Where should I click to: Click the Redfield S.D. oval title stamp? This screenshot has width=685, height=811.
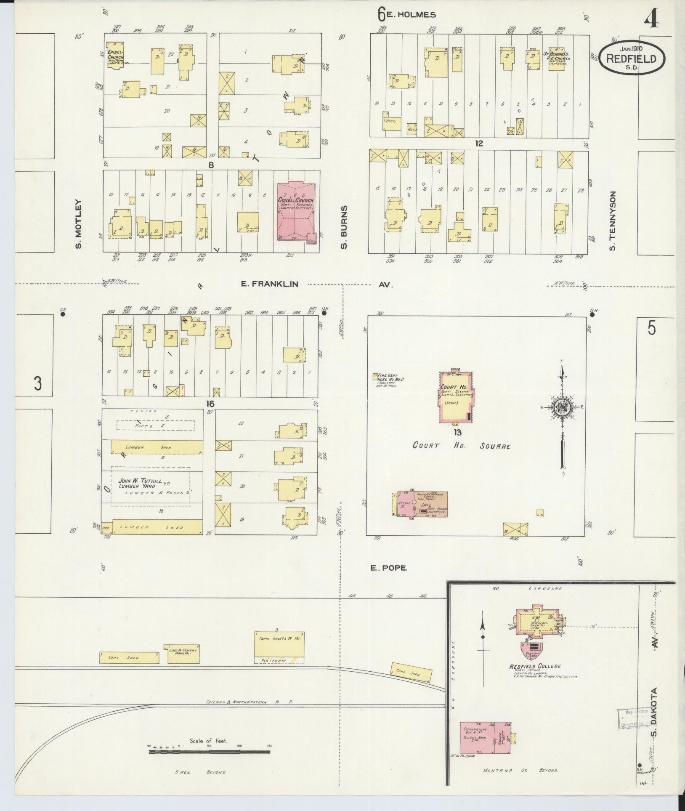(x=632, y=59)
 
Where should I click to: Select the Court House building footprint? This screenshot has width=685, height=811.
(x=456, y=397)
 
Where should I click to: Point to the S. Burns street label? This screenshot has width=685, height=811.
(x=344, y=227)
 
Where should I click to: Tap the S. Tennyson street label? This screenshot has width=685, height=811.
(x=612, y=221)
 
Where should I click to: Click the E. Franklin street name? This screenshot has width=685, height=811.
(x=270, y=284)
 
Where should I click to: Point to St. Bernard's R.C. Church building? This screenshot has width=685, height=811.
(x=556, y=59)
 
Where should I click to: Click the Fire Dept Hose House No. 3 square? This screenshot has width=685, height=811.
(x=374, y=377)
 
